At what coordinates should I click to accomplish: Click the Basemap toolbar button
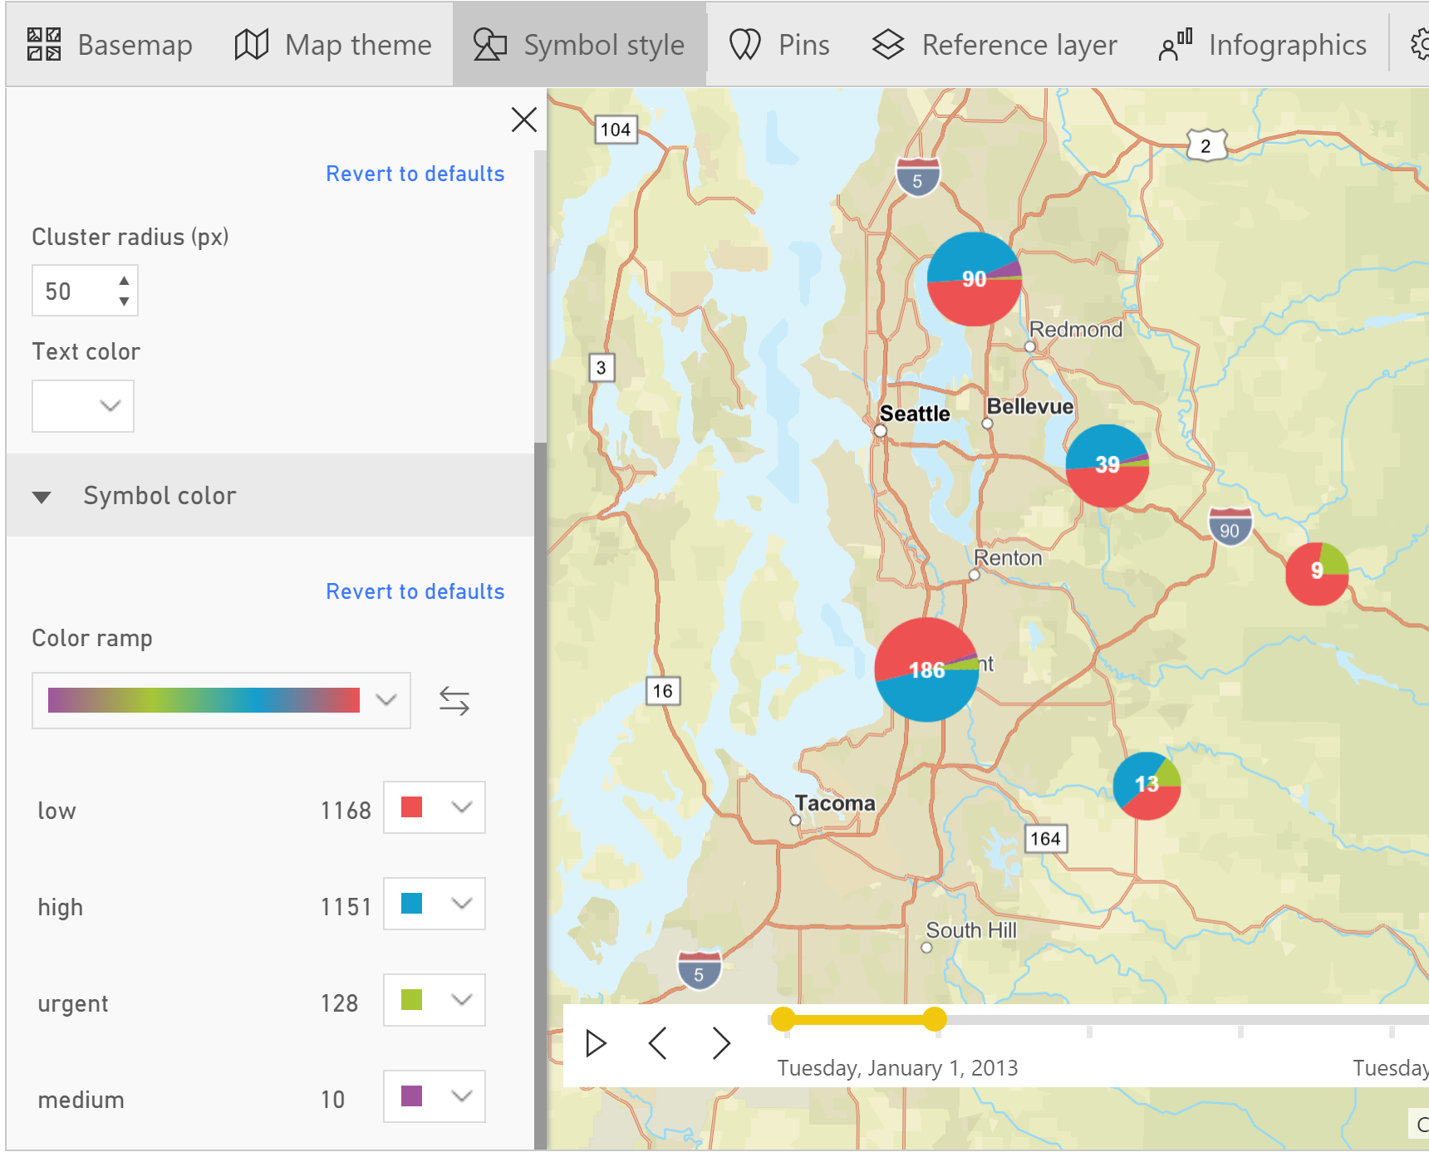[110, 45]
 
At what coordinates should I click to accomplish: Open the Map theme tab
[333, 45]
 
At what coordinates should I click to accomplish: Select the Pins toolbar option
[779, 45]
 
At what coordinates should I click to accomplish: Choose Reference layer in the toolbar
[994, 45]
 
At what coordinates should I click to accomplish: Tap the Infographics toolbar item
[1263, 45]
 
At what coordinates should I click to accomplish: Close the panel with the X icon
[523, 120]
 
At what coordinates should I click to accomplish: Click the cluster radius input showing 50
[73, 291]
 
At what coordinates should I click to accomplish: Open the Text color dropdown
[83, 405]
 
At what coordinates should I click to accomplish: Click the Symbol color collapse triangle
[42, 497]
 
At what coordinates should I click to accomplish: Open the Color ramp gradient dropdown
[221, 700]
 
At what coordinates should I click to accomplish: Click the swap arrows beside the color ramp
[454, 700]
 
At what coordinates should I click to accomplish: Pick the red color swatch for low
[412, 807]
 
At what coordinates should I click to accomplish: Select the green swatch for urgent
[412, 1000]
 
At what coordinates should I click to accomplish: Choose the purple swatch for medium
[412, 1096]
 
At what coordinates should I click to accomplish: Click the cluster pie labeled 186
[926, 669]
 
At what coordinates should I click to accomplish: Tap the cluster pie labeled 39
[1107, 465]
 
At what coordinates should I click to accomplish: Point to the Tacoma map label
[835, 803]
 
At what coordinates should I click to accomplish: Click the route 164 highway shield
[1045, 839]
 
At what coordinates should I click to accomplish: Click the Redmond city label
[1076, 330]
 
